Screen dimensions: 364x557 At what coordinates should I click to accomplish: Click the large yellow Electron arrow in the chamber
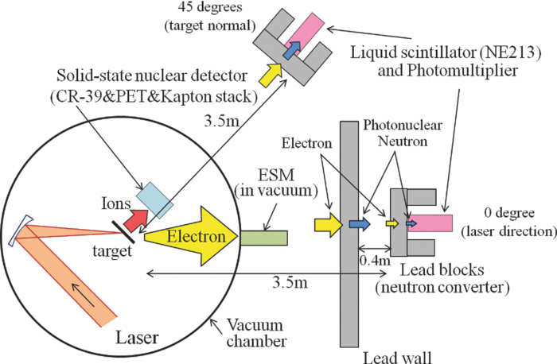[x=191, y=236]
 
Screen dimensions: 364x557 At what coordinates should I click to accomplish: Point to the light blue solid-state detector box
[x=154, y=198]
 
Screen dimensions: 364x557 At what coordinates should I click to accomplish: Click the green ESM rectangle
[x=264, y=237]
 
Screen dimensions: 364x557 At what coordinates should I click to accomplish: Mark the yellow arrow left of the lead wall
[x=326, y=225]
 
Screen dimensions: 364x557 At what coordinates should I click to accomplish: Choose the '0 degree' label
[x=507, y=215]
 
